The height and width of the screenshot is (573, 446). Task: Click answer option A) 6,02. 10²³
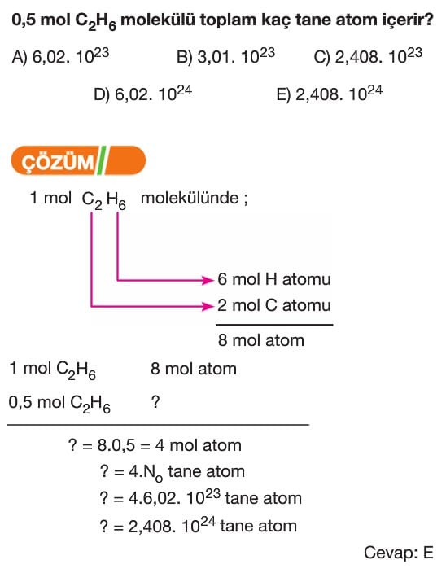click(60, 56)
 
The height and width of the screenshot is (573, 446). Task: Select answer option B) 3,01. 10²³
click(225, 56)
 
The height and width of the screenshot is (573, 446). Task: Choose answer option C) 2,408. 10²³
click(368, 56)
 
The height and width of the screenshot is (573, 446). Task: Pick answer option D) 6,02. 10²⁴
click(142, 94)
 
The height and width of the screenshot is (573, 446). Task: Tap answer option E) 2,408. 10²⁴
click(329, 94)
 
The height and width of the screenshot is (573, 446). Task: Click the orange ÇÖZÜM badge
click(78, 160)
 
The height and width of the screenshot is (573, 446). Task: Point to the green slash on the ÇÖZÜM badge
click(101, 160)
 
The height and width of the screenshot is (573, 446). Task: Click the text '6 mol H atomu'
click(274, 279)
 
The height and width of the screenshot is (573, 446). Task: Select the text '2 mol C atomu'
click(274, 305)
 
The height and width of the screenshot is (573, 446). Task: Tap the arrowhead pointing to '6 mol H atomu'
click(208, 280)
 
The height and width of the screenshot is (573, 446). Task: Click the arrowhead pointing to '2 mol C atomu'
click(208, 306)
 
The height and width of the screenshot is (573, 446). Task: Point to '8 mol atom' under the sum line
click(260, 340)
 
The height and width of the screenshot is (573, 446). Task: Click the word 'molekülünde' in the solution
click(190, 198)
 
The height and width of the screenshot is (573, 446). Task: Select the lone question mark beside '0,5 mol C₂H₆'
click(155, 402)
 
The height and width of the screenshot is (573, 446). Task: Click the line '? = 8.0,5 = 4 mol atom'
click(155, 445)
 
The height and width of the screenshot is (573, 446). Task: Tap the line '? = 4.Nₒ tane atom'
click(172, 472)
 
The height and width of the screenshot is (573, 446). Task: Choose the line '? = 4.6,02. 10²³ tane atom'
click(200, 498)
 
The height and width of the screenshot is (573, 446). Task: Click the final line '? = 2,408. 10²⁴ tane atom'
click(198, 526)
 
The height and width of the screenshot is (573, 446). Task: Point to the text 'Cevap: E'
click(399, 553)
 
